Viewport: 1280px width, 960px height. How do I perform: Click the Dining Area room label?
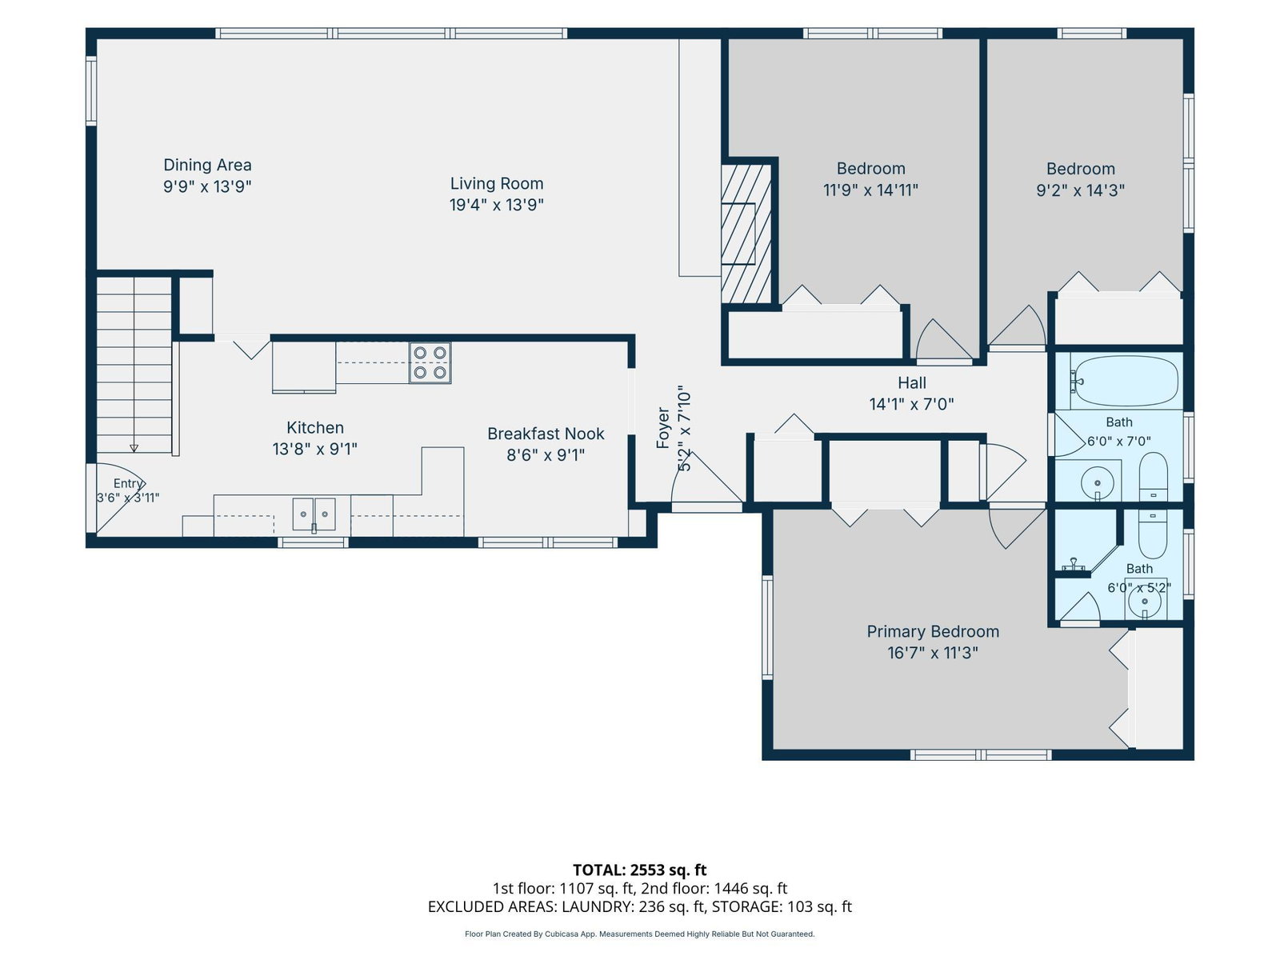[207, 165]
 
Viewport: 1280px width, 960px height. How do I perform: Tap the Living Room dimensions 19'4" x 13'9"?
[496, 205]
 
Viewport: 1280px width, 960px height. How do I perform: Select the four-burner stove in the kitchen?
[430, 362]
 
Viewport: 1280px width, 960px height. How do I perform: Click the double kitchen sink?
[314, 514]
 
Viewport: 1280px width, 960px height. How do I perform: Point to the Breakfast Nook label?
[546, 434]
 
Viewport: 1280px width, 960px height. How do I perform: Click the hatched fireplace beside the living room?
[746, 234]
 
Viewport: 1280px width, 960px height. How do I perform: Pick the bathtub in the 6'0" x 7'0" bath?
[1126, 382]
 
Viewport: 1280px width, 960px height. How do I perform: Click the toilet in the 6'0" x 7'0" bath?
[1153, 476]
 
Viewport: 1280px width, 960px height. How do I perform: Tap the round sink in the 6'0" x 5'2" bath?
[1145, 601]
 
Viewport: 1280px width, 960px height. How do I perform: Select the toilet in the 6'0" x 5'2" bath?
[1152, 534]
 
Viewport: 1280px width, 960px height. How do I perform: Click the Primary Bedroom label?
[933, 631]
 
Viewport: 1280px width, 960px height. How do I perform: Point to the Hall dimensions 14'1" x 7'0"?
[911, 404]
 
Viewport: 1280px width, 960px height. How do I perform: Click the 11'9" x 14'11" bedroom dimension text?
[870, 190]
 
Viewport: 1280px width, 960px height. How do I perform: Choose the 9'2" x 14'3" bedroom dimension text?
[1080, 190]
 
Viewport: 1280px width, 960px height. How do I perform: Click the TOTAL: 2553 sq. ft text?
[640, 870]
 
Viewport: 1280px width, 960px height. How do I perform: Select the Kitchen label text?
[315, 427]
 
